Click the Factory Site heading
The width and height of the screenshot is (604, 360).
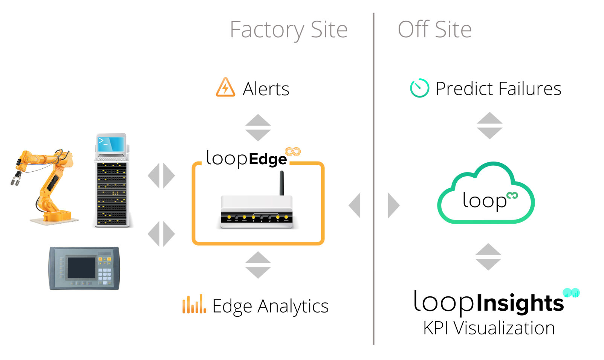(x=289, y=30)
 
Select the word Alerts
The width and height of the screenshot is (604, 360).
(x=266, y=89)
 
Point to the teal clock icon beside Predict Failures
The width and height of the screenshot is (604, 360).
(x=420, y=88)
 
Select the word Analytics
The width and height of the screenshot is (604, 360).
(x=293, y=307)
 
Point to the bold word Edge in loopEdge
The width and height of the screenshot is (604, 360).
(x=268, y=159)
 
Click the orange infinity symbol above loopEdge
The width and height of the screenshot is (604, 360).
(x=293, y=152)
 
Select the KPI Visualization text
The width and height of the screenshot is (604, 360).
(x=489, y=328)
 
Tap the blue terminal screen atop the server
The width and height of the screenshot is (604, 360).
(x=111, y=144)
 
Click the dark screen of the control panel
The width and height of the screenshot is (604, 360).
(x=81, y=268)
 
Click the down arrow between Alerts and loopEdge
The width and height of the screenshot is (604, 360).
(x=258, y=135)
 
